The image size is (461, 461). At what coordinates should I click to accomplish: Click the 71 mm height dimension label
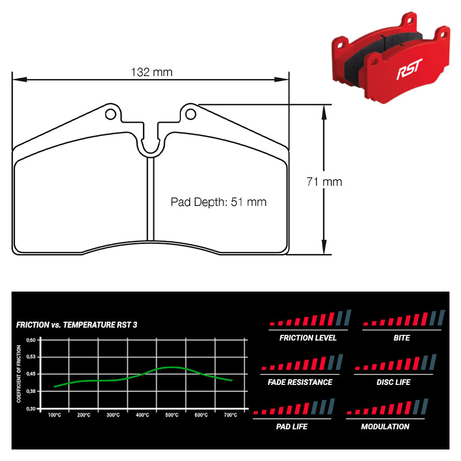324,182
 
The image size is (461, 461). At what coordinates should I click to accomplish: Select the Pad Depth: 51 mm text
218,202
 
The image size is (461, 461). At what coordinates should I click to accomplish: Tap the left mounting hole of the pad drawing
111,114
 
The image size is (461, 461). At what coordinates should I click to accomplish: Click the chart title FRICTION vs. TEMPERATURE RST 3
77,325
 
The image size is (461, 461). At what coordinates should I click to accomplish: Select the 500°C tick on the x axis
172,415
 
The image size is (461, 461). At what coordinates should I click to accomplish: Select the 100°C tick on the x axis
55,415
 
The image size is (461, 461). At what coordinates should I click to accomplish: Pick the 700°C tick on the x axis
231,415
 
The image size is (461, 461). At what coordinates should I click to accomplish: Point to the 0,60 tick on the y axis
32,340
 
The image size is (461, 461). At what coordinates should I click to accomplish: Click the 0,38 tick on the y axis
32,391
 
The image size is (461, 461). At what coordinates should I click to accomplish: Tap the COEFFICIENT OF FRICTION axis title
19,373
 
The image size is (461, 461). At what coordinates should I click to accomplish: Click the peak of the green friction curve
171,367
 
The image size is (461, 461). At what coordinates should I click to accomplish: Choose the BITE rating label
402,338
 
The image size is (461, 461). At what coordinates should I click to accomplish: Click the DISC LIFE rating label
393,382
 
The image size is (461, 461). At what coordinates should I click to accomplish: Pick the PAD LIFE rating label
292,426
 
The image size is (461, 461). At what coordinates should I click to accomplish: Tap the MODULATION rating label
385,426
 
